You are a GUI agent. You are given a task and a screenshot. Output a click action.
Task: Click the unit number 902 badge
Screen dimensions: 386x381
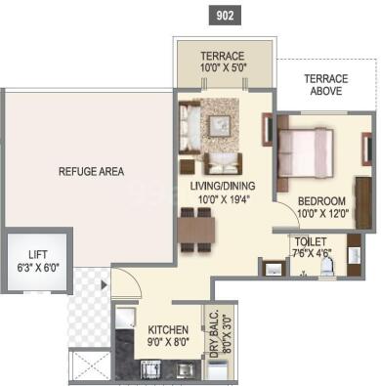click(x=223, y=16)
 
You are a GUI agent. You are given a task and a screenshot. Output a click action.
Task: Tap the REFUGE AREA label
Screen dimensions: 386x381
click(x=91, y=172)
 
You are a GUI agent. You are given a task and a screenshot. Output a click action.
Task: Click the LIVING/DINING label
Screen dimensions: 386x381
click(x=225, y=184)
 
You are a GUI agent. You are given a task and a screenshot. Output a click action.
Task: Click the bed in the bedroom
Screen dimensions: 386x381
click(x=308, y=152)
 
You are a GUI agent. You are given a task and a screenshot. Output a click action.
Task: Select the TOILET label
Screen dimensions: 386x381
click(x=308, y=241)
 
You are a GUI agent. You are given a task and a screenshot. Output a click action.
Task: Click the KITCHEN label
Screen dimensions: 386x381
click(x=168, y=329)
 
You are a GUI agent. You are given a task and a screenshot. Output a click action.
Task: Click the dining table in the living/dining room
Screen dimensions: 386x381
click(x=197, y=229)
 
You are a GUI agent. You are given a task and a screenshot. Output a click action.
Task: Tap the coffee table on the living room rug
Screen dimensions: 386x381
click(x=220, y=124)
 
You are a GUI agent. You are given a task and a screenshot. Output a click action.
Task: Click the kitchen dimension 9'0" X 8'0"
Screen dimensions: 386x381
click(x=168, y=342)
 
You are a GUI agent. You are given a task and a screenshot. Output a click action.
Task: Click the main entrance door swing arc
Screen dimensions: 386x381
click(x=125, y=284)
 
